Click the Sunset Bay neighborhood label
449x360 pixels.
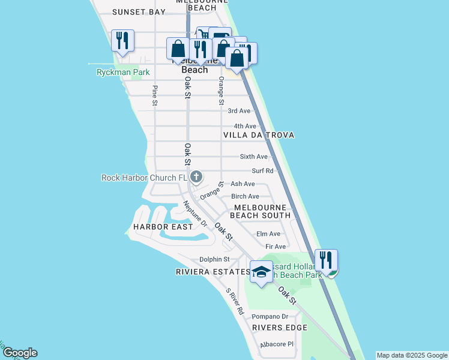click(x=139, y=12)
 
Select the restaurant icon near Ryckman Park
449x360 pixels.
click(x=122, y=41)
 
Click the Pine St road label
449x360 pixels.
click(x=155, y=97)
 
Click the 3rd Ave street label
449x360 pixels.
click(x=239, y=111)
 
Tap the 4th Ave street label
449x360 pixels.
click(x=245, y=126)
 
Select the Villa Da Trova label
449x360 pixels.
click(x=259, y=136)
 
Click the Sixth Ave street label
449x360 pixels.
click(x=253, y=157)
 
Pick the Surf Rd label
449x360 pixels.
click(x=262, y=171)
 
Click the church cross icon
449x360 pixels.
click(x=196, y=176)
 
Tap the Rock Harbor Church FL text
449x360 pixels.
click(x=145, y=178)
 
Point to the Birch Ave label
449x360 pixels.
click(x=245, y=196)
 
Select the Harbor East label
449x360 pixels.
click(x=163, y=227)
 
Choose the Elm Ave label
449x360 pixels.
click(x=268, y=234)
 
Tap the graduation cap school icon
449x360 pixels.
click(x=261, y=272)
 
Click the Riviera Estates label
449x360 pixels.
click(x=212, y=272)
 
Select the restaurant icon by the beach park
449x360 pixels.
click(x=326, y=260)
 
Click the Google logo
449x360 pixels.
click(x=20, y=353)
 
